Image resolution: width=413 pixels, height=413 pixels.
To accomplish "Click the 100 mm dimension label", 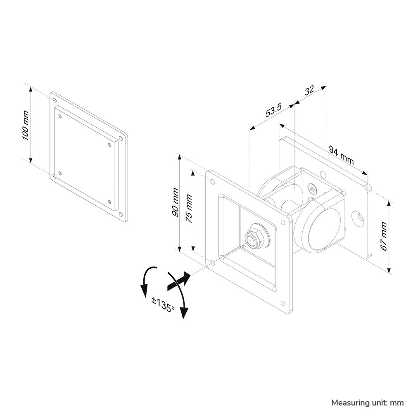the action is [x=25, y=125].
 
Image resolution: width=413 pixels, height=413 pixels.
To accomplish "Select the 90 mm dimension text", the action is [x=175, y=202].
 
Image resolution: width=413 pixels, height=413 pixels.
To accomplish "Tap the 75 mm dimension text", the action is [x=189, y=208].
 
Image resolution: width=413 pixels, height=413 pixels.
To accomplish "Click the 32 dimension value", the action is [x=309, y=90].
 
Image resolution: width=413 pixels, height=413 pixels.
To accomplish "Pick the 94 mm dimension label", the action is [x=342, y=156].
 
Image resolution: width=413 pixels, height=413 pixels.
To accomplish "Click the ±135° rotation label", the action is [x=163, y=304].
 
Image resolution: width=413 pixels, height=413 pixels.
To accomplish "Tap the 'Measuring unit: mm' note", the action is [x=367, y=403].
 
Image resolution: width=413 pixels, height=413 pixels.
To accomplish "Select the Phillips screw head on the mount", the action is [x=313, y=188].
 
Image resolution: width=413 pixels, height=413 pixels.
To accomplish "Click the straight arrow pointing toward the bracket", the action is [x=179, y=281].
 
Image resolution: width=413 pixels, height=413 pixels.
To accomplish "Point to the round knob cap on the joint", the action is [x=325, y=229].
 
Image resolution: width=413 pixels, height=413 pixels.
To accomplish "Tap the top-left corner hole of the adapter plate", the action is [x=55, y=100].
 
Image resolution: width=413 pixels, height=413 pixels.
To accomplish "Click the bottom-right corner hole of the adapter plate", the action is [x=121, y=214].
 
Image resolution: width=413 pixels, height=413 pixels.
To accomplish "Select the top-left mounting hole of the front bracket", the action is [x=212, y=181].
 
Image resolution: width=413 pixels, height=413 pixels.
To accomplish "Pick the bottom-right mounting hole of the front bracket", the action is [x=283, y=303].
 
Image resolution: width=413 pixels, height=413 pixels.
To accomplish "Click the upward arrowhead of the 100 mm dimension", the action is [x=31, y=89].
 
